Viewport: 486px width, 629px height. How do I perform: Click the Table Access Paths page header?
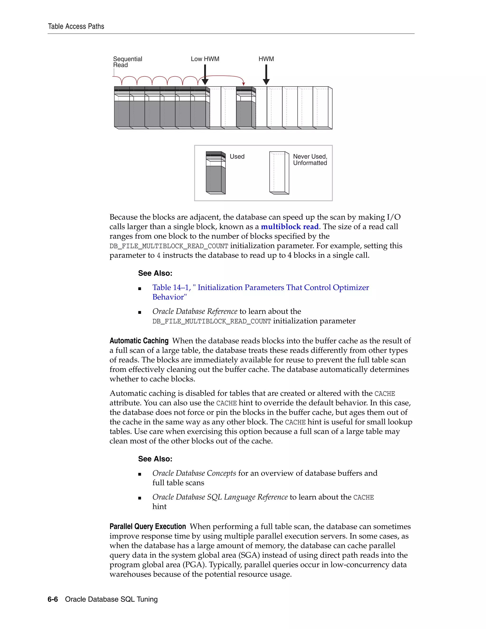click(x=76, y=27)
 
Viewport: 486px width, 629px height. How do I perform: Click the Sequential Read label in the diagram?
click(x=127, y=62)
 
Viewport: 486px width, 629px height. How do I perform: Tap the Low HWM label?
click(x=205, y=59)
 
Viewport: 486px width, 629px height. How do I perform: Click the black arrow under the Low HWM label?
click(x=205, y=75)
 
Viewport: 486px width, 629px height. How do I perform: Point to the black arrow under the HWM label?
click(x=266, y=75)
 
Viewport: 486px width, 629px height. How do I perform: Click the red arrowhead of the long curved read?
click(x=243, y=84)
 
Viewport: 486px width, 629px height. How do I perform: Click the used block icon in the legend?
click(x=215, y=173)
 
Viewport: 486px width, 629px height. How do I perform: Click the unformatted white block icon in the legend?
click(x=279, y=173)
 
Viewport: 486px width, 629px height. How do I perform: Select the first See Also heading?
click(x=155, y=273)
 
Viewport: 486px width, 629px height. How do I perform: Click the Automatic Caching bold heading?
click(x=139, y=341)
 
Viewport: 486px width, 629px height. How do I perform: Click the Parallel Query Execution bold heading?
click(x=147, y=526)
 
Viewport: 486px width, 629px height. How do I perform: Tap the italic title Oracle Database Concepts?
click(x=194, y=473)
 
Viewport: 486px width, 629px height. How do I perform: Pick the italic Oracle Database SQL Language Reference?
click(x=220, y=497)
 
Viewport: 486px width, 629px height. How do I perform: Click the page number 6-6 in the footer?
click(x=53, y=599)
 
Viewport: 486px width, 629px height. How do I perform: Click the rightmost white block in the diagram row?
click(x=322, y=108)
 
